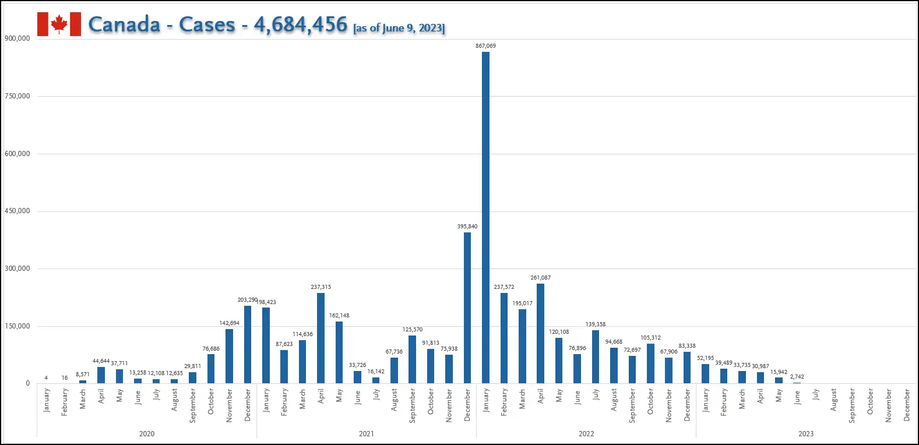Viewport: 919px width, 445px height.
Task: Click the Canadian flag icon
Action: click(59, 24)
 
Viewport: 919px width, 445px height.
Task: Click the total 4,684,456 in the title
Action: click(300, 24)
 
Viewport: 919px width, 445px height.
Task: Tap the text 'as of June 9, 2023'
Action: click(399, 28)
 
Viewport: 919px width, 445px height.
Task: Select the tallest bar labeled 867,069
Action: click(485, 217)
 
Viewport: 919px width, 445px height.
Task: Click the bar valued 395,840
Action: click(467, 308)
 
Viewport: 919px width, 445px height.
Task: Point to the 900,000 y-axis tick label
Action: click(17, 38)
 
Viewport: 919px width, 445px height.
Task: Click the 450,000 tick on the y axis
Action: click(17, 211)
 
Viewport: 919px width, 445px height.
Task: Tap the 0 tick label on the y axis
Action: click(27, 383)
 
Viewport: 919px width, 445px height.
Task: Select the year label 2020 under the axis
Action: click(147, 434)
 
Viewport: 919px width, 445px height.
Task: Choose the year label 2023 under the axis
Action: click(806, 434)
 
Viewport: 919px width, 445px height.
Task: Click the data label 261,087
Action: click(540, 278)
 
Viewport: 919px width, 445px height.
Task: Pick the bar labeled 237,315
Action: click(321, 338)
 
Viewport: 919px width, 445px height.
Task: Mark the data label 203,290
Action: click(247, 300)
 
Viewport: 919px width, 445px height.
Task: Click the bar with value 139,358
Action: click(596, 356)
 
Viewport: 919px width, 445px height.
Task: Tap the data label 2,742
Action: click(797, 377)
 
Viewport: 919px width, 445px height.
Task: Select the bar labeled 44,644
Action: click(101, 375)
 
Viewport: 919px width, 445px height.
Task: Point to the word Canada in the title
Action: click(124, 24)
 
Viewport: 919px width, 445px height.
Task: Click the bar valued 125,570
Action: click(413, 359)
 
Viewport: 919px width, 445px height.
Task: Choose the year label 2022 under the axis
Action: click(586, 434)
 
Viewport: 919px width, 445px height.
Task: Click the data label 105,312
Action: click(650, 338)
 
